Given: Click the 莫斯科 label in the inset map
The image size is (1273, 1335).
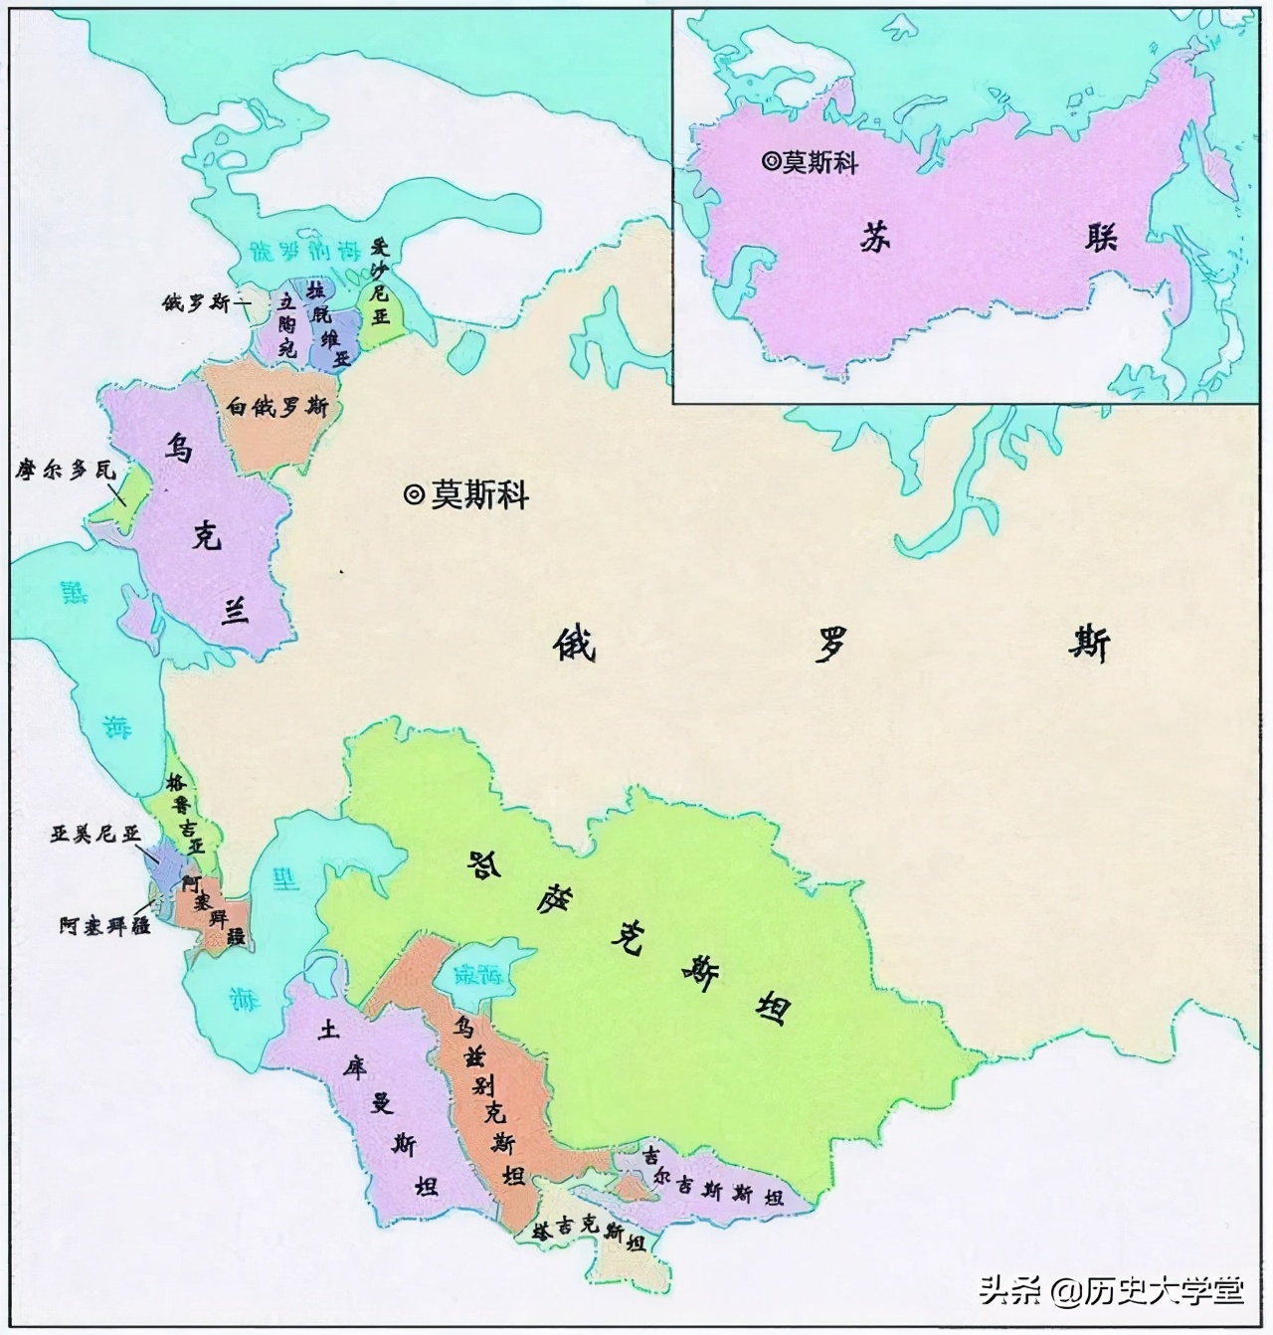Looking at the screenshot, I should click(x=818, y=162).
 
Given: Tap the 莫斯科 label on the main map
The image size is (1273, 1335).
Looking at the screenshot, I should click(x=478, y=494).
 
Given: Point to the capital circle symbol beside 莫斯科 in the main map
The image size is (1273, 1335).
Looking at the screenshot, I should click(x=414, y=494).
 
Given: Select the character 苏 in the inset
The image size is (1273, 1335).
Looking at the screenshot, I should click(x=874, y=239).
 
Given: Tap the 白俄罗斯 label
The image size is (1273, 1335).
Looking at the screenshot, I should click(x=277, y=408).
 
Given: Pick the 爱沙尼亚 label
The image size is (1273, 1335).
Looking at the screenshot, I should click(x=379, y=285).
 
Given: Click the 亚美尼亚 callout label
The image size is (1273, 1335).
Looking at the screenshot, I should click(x=96, y=834).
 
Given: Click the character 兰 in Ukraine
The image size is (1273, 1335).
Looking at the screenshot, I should click(x=236, y=614).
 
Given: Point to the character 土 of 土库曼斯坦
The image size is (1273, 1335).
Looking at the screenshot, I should click(x=326, y=1029).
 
